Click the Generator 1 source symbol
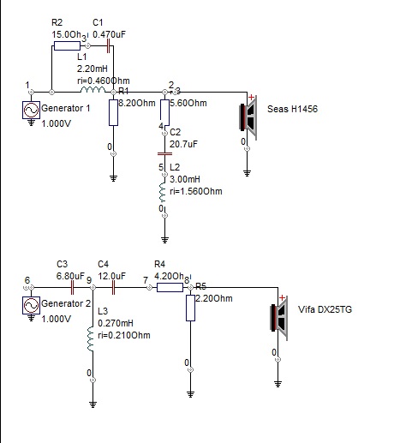[x=31, y=110]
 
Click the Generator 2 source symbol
[x=31, y=305]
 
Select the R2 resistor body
[x=67, y=45]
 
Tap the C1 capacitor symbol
[x=108, y=45]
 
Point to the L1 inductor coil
[x=93, y=90]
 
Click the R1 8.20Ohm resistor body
[x=113, y=112]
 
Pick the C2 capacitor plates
[x=164, y=153]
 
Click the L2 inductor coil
[x=163, y=190]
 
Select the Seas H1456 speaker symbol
[x=248, y=117]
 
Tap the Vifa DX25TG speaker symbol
[x=279, y=318]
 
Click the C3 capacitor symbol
[x=72, y=287]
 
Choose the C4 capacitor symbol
[x=113, y=287]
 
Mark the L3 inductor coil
[x=91, y=339]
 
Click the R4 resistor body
[x=170, y=287]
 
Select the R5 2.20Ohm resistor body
[x=190, y=308]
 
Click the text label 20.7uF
[x=183, y=144]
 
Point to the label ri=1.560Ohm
[x=196, y=191]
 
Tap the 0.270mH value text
[x=116, y=323]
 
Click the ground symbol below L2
[x=164, y=240]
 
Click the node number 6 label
[x=27, y=280]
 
